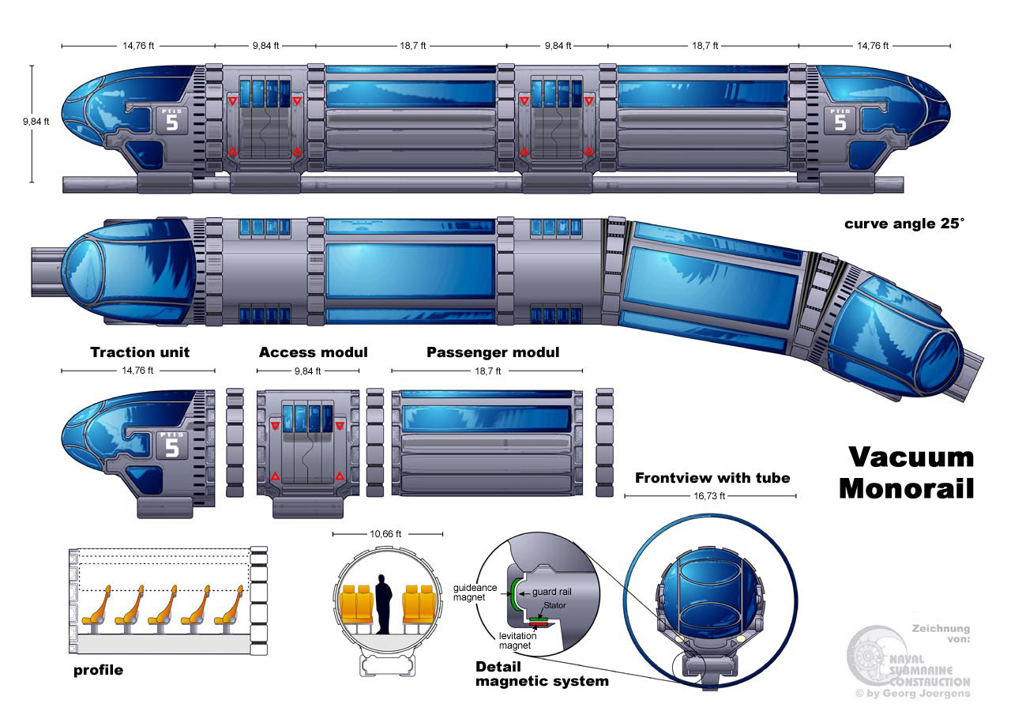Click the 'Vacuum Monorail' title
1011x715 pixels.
[906, 472]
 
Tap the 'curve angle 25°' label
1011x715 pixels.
[904, 224]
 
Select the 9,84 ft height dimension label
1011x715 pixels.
[36, 122]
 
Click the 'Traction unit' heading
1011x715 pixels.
[140, 352]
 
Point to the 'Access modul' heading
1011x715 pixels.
[314, 352]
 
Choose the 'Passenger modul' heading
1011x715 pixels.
[493, 352]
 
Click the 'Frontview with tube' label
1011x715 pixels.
[712, 478]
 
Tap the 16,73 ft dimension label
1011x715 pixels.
[709, 496]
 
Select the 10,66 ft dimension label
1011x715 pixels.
[385, 534]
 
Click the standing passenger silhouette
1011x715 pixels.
[383, 604]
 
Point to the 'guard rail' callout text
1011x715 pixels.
[551, 592]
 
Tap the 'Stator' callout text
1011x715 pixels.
[554, 605]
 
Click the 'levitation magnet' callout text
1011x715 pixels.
[517, 641]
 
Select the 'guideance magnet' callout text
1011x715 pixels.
[475, 593]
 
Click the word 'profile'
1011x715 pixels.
[99, 670]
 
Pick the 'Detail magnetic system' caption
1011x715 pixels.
[542, 673]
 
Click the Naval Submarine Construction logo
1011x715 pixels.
[908, 663]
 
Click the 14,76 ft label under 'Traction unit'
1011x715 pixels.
[137, 371]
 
